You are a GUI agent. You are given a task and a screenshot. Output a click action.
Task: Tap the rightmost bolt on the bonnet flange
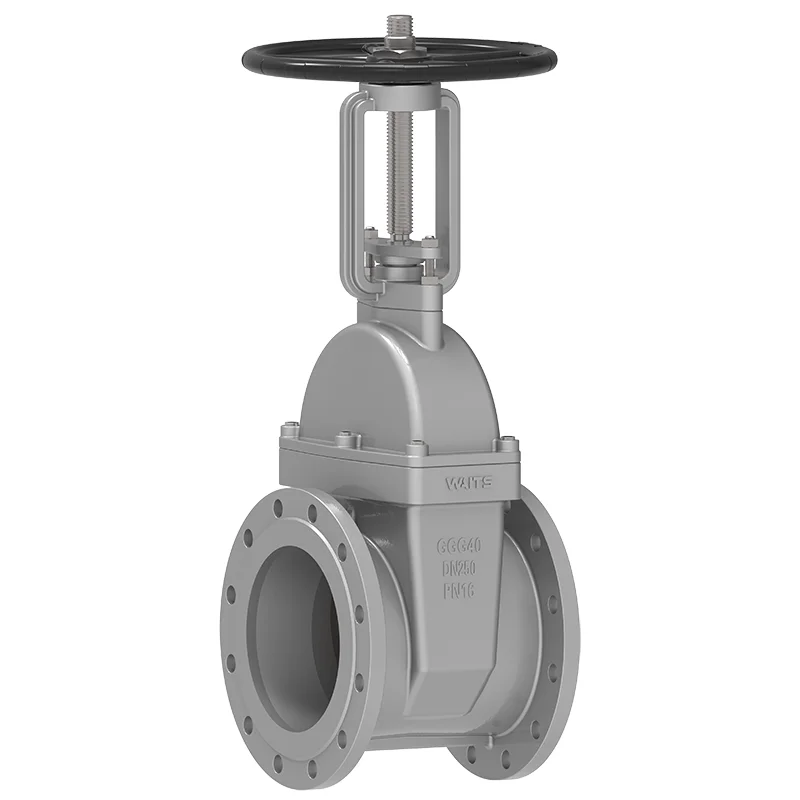click(505, 440)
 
